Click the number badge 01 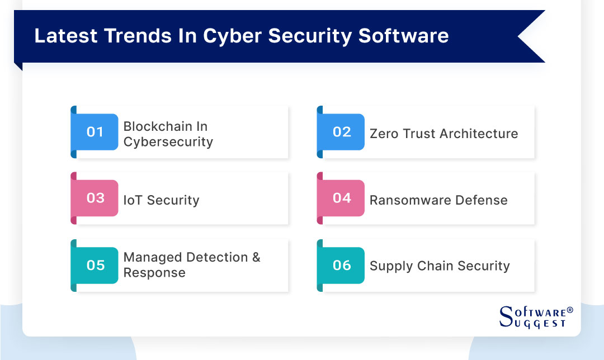95,132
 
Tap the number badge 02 341,132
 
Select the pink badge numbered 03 95,198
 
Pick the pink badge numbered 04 341,198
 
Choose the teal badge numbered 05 95,265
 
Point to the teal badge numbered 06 341,265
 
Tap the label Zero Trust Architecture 443,134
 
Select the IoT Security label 161,200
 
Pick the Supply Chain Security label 440,266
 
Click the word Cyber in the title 232,35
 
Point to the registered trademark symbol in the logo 570,310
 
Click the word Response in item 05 154,273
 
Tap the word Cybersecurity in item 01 168,142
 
